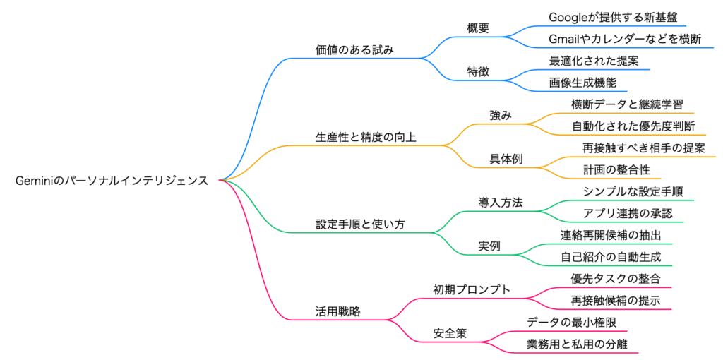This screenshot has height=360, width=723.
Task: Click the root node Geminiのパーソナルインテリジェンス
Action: tap(112, 181)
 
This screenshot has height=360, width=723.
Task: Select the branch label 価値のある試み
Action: tap(354, 49)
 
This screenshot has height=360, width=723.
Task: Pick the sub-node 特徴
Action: tap(478, 71)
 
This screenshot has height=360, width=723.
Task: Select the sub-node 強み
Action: tap(501, 115)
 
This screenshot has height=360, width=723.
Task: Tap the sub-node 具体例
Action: tap(506, 159)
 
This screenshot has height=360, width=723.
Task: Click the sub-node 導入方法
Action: tap(501, 203)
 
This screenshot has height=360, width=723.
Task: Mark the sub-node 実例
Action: tap(489, 246)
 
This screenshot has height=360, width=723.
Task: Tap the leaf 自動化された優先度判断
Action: tap(633, 126)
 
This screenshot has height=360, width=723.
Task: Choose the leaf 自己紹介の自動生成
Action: tap(611, 257)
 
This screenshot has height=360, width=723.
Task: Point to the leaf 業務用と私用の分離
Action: tap(578, 344)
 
